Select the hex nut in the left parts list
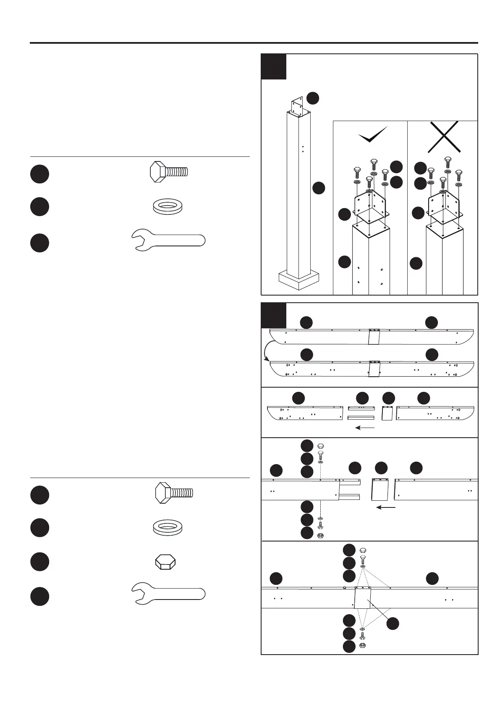165,562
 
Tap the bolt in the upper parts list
169,172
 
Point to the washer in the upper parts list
168,207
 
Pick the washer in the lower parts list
168,528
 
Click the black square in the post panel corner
274,66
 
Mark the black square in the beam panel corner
274,315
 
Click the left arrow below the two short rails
364,428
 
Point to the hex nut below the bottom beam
363,645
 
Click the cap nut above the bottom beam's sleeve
363,550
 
